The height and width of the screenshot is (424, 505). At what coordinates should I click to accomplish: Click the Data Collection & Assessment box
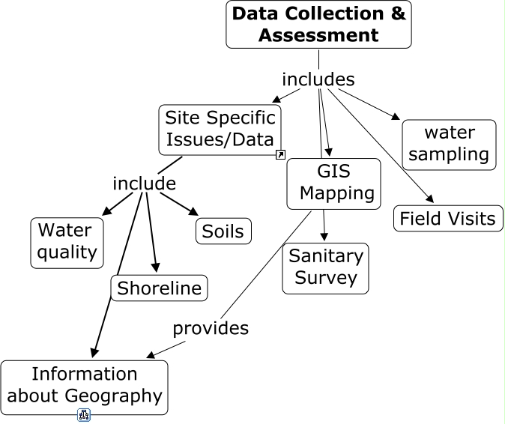coord(318,25)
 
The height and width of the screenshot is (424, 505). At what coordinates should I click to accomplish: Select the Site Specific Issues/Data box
coord(221,129)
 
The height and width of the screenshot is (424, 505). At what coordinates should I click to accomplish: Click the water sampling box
coord(449,145)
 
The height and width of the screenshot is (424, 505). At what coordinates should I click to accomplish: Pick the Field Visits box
coord(447,219)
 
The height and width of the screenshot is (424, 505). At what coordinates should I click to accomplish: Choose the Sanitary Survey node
coord(325,267)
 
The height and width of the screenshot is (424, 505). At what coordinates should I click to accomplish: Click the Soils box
coord(223,231)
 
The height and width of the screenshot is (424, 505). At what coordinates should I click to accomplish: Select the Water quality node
coord(67,242)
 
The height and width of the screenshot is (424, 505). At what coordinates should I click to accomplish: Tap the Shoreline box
coord(160,288)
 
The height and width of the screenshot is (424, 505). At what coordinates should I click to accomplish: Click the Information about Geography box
coord(84,387)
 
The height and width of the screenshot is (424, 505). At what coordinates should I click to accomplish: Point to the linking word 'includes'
coord(318,79)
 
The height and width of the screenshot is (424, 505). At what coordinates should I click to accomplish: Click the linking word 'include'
coord(144,184)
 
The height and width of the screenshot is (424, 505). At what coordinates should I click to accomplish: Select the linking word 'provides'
coord(211,328)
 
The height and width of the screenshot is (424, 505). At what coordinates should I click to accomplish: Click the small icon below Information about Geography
coord(84,415)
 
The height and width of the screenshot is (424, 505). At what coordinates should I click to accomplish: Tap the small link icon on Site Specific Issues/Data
coord(280,155)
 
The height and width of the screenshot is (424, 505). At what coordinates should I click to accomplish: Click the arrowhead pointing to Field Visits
coord(430,199)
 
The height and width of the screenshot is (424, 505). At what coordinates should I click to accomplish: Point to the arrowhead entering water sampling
coord(396,116)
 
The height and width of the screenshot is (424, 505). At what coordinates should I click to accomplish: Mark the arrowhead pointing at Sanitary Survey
coord(324,237)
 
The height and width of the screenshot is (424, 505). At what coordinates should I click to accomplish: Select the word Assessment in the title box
coord(318,35)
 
